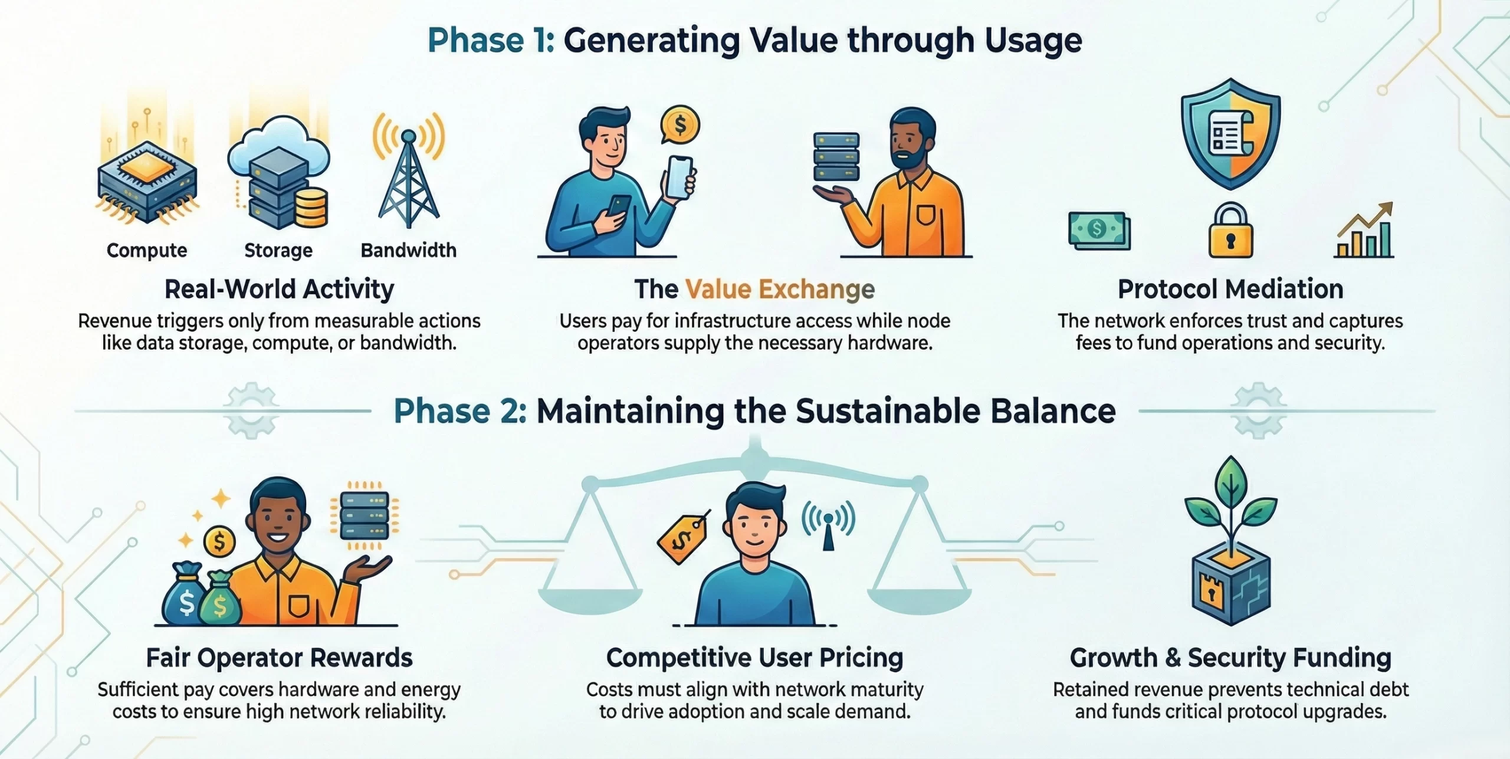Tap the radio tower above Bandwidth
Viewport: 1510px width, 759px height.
[x=408, y=171]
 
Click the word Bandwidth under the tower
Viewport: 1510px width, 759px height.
[x=409, y=250]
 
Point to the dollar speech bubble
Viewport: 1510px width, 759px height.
[x=680, y=125]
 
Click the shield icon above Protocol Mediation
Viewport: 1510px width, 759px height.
[x=1230, y=134]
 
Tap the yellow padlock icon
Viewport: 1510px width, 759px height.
[x=1230, y=231]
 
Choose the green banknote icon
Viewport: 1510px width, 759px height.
[x=1099, y=230]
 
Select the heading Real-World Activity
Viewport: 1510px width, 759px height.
[x=279, y=289]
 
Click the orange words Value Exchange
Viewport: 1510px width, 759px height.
[x=780, y=289]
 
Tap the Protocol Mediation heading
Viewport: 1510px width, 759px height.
[x=1230, y=289]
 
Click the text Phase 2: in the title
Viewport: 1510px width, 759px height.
[x=460, y=411]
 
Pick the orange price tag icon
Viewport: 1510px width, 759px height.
[x=683, y=538]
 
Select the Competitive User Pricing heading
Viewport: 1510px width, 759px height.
[x=754, y=658]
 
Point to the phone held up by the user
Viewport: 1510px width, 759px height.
[x=679, y=178]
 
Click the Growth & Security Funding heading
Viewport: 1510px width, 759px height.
[x=1230, y=658]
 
